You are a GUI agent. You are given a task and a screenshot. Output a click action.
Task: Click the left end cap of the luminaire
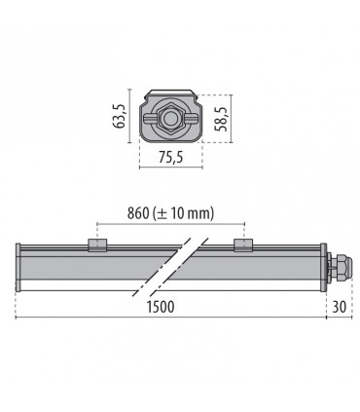point(20,265)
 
